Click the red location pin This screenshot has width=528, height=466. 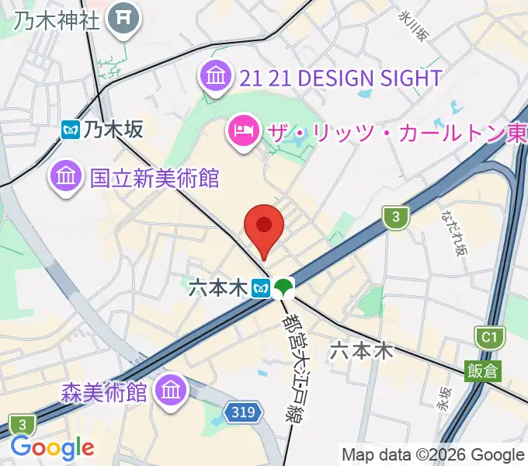263,227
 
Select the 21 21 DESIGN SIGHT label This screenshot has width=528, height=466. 340,78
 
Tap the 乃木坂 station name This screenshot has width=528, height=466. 113,130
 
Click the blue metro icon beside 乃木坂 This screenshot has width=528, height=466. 71,130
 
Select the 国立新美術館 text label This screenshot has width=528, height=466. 155,178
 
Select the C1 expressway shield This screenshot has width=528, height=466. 487,338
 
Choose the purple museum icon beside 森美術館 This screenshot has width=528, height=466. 170,390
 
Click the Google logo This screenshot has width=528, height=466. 52,448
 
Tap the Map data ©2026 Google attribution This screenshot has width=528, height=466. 432,454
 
